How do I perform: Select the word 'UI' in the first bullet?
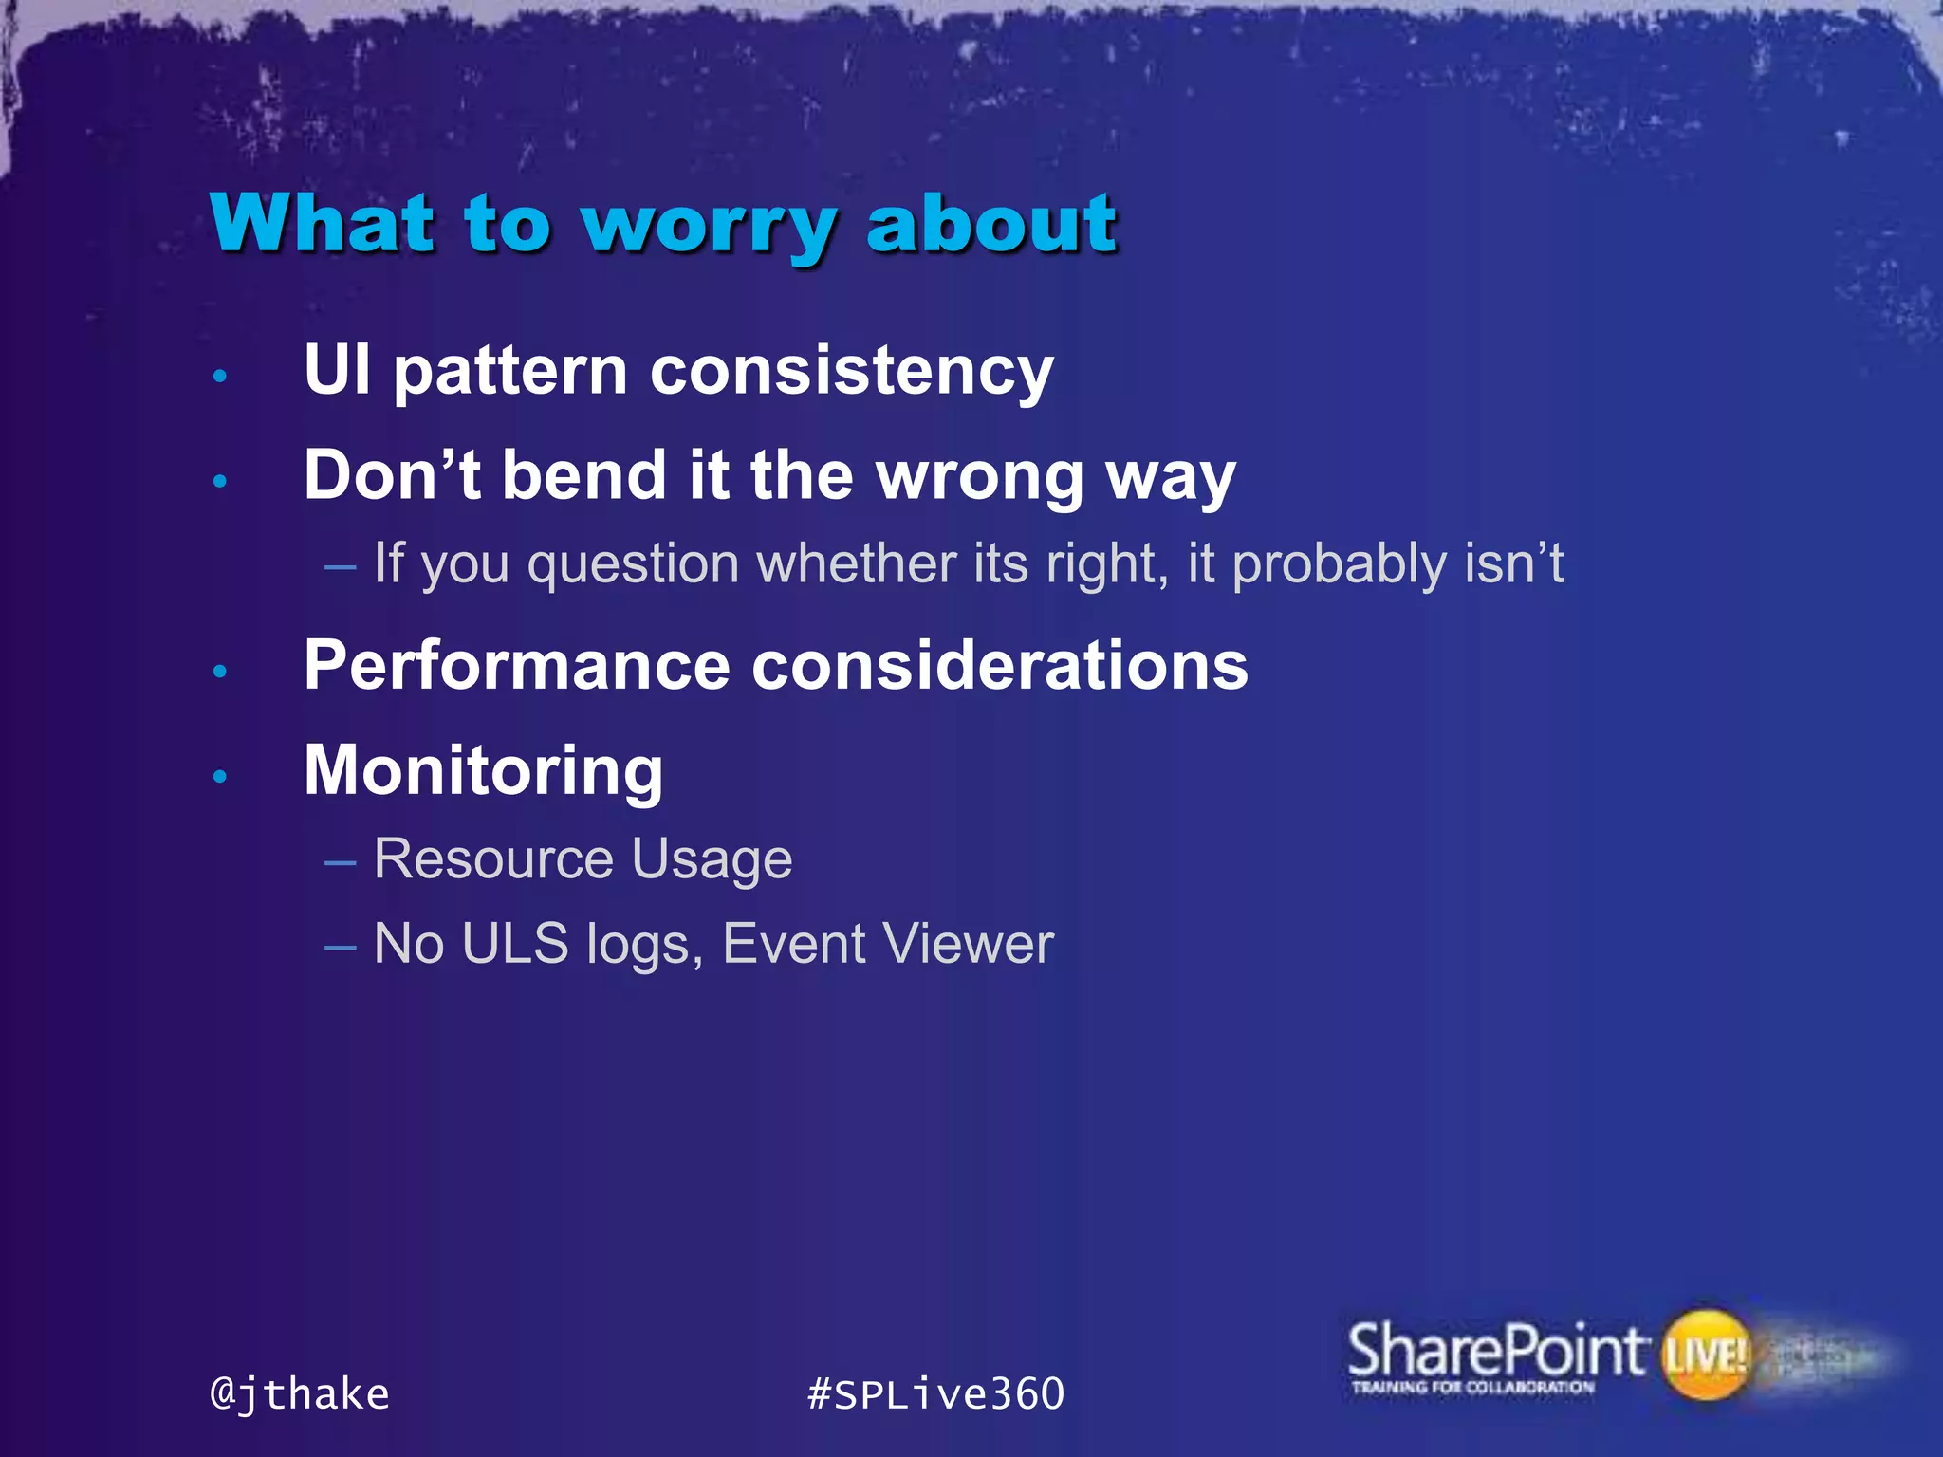click(x=337, y=369)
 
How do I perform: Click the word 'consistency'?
click(x=851, y=371)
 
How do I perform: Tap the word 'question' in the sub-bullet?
click(x=633, y=565)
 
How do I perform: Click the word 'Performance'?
click(x=517, y=666)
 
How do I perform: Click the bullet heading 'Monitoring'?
click(x=483, y=771)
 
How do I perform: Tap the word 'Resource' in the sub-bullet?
click(x=493, y=859)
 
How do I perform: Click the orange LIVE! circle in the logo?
click(x=1706, y=1355)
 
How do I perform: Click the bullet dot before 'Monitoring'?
click(x=220, y=777)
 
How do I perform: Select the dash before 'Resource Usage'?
click(x=340, y=862)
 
